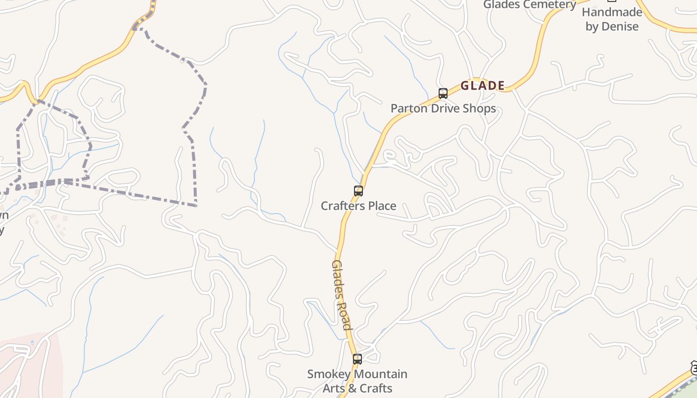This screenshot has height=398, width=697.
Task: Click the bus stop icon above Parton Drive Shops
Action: (443, 93)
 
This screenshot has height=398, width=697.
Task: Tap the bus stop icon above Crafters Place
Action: (358, 191)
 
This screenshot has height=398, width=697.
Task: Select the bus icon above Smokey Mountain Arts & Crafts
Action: (357, 359)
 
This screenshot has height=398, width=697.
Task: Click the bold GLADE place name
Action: (482, 86)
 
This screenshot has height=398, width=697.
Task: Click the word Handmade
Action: (612, 12)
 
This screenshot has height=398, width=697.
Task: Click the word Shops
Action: (480, 108)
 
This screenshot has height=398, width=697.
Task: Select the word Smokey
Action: (327, 374)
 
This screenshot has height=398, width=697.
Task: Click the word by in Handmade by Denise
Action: (592, 26)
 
